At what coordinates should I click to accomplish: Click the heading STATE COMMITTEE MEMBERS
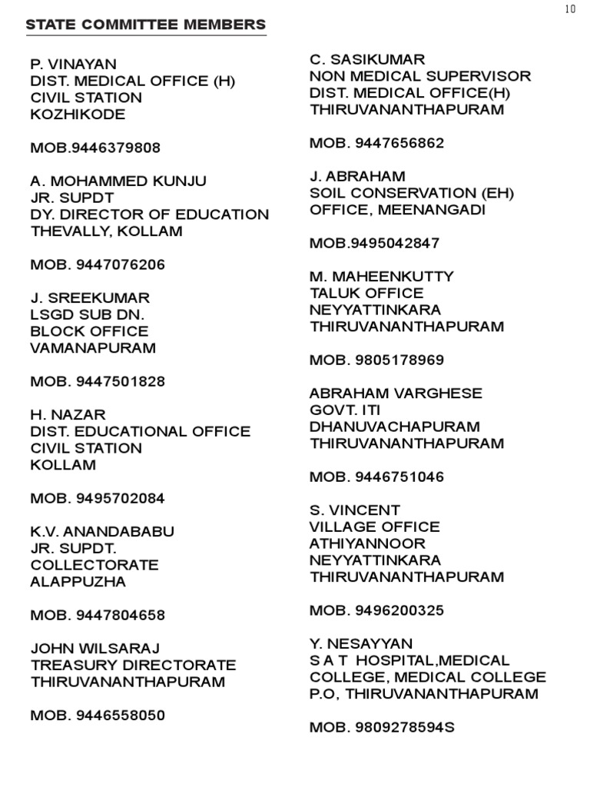(x=146, y=25)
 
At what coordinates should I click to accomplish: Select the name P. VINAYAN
(x=73, y=64)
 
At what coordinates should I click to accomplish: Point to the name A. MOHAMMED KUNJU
(x=118, y=181)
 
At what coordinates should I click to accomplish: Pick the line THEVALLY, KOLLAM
(x=106, y=231)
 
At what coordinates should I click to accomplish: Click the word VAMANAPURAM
(x=93, y=348)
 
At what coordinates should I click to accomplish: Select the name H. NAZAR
(x=68, y=415)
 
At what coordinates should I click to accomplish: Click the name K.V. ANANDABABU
(x=102, y=532)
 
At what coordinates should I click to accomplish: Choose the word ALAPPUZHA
(x=78, y=582)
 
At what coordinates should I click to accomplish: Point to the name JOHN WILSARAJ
(x=95, y=649)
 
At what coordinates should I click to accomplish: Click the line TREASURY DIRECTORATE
(x=133, y=666)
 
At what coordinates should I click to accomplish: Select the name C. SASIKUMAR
(x=367, y=60)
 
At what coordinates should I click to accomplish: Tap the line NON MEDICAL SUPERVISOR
(x=420, y=77)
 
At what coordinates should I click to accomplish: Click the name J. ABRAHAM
(x=357, y=177)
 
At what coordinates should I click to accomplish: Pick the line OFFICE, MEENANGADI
(x=397, y=210)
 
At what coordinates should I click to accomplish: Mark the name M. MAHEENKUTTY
(x=382, y=277)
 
